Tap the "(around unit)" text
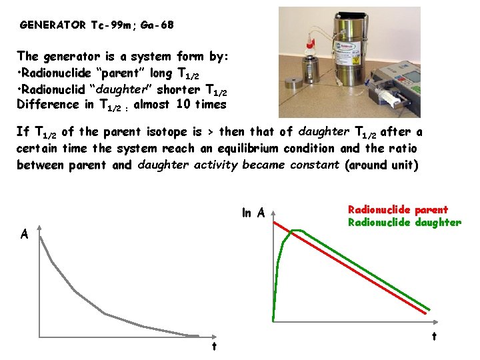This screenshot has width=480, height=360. (382, 165)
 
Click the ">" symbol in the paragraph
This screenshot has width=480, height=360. (212, 133)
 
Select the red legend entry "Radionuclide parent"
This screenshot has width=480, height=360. (398, 209)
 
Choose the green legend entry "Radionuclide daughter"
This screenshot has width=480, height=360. (404, 223)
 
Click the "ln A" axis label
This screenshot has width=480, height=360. (253, 213)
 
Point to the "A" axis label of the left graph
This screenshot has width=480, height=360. (24, 234)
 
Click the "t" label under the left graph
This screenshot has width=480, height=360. (214, 346)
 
